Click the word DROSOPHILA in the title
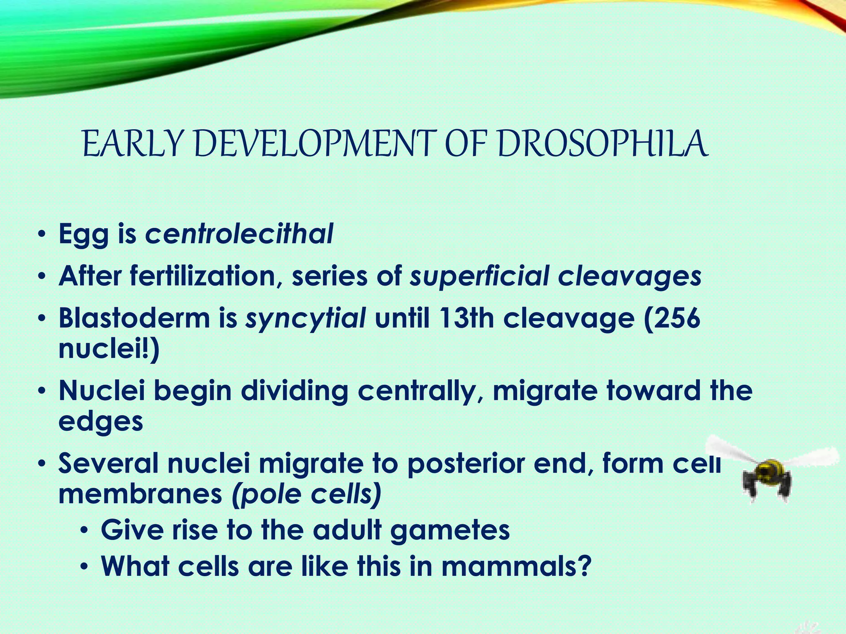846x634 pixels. coord(603,144)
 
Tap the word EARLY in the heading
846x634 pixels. coord(132,144)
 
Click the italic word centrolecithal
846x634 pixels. coord(239,234)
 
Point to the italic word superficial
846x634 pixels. coord(479,276)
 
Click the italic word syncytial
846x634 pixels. coord(305,319)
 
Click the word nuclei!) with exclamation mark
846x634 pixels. coord(108,349)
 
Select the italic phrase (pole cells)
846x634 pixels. coord(306,494)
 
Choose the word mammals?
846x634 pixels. coord(516,566)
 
